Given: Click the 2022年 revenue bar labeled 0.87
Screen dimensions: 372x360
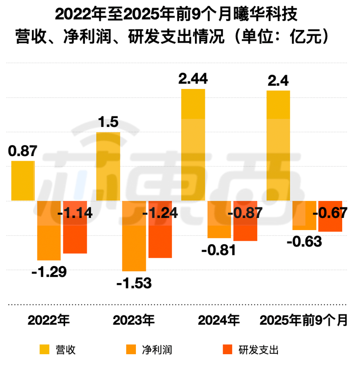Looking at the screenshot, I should [23, 181].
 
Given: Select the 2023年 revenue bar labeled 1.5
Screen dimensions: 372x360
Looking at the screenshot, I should [108, 166].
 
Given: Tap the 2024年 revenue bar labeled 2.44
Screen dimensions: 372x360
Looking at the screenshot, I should [193, 144].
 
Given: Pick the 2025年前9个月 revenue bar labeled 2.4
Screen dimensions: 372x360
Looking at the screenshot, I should [278, 145].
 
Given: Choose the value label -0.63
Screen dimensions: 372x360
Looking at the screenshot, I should [304, 242].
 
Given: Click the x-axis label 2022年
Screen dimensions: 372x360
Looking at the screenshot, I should [48, 321].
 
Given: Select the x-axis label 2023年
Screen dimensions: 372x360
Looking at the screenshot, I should [134, 321].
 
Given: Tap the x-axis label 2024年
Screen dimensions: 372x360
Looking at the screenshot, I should [219, 321].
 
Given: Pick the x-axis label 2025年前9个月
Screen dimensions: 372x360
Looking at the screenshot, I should [304, 321].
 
